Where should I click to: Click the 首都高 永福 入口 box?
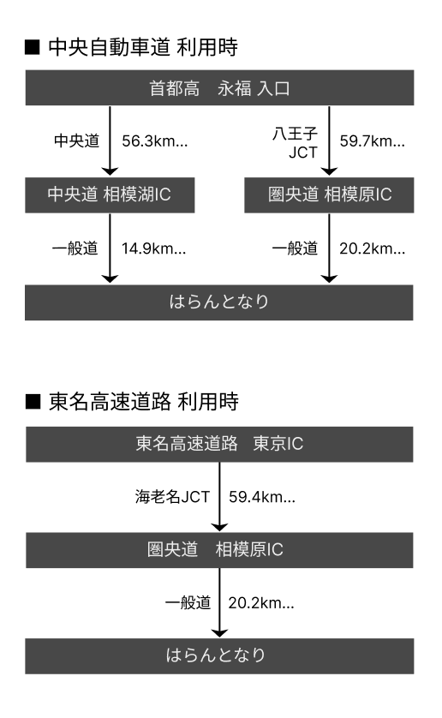220,88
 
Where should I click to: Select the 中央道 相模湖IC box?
110,195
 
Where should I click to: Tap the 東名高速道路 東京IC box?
219,444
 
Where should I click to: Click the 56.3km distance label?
155,141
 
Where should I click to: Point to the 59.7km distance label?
373,141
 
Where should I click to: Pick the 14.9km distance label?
154,248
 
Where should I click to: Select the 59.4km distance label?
262,497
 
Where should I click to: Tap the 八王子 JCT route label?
296,143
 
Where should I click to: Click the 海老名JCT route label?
173,497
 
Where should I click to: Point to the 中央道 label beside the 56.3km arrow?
76,141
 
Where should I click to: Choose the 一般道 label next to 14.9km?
75,248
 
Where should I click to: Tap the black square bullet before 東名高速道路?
33,402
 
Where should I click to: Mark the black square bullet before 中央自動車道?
33,48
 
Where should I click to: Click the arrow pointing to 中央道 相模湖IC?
110,141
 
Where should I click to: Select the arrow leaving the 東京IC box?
220,497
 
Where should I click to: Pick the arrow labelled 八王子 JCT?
329,141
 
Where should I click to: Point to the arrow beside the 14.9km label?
110,248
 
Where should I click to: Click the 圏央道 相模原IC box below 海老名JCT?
219,550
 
